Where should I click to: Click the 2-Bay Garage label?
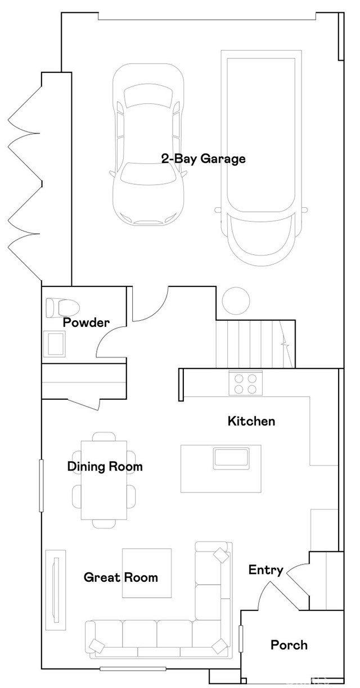[x=204, y=159]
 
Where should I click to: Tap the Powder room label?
[x=86, y=322]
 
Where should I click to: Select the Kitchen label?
[x=251, y=421]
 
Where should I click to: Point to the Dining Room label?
[x=105, y=467]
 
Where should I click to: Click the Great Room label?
[x=121, y=577]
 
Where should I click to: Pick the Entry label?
[x=266, y=570]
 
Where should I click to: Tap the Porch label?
[x=289, y=645]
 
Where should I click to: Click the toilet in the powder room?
[x=62, y=307]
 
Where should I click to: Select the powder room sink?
[x=55, y=344]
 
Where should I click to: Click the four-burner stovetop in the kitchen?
[x=246, y=383]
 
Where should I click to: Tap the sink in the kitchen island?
[x=231, y=457]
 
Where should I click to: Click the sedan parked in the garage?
[x=148, y=144]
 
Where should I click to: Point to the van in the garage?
[x=261, y=157]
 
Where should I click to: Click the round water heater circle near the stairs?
[x=236, y=300]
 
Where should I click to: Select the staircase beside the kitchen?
[x=255, y=343]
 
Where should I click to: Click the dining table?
[x=104, y=480]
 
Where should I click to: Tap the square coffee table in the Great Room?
[x=147, y=573]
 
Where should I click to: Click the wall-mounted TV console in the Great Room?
[x=56, y=590]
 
